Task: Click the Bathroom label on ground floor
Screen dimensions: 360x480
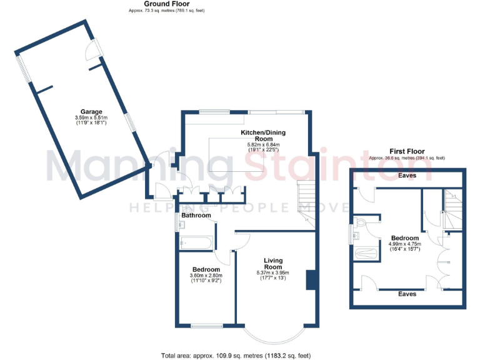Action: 196,216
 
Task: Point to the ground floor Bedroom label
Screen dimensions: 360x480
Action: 205,270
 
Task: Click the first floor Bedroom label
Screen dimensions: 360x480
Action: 405,238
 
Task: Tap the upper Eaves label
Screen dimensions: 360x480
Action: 407,176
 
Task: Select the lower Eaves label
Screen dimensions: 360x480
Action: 407,292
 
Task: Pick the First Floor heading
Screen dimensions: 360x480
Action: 407,151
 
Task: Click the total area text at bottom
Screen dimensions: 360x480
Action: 236,355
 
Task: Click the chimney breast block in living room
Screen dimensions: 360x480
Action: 310,279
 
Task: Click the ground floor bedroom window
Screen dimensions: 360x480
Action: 207,326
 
